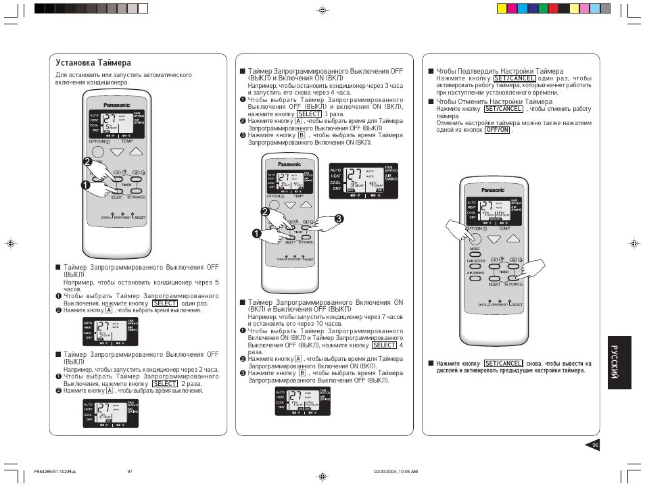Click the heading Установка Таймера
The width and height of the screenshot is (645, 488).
point(93,63)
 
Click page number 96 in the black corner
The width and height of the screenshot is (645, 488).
point(595,445)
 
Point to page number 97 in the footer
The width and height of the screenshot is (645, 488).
point(129,471)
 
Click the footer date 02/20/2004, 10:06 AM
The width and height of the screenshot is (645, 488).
point(396,471)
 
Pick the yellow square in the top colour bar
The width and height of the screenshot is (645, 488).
point(502,9)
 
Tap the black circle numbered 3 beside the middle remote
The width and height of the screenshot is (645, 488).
point(339,218)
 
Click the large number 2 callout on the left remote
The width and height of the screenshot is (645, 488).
point(87,162)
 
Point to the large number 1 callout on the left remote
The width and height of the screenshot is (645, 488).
point(86,185)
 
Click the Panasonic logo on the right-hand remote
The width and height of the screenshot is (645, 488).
point(492,190)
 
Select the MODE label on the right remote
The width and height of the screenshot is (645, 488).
point(475,249)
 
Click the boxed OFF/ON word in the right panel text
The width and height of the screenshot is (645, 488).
point(497,130)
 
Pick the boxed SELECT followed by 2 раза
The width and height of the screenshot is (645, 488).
point(166,383)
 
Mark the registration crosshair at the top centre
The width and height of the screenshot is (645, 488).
point(322,11)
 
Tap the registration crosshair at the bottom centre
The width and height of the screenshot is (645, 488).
point(322,477)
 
